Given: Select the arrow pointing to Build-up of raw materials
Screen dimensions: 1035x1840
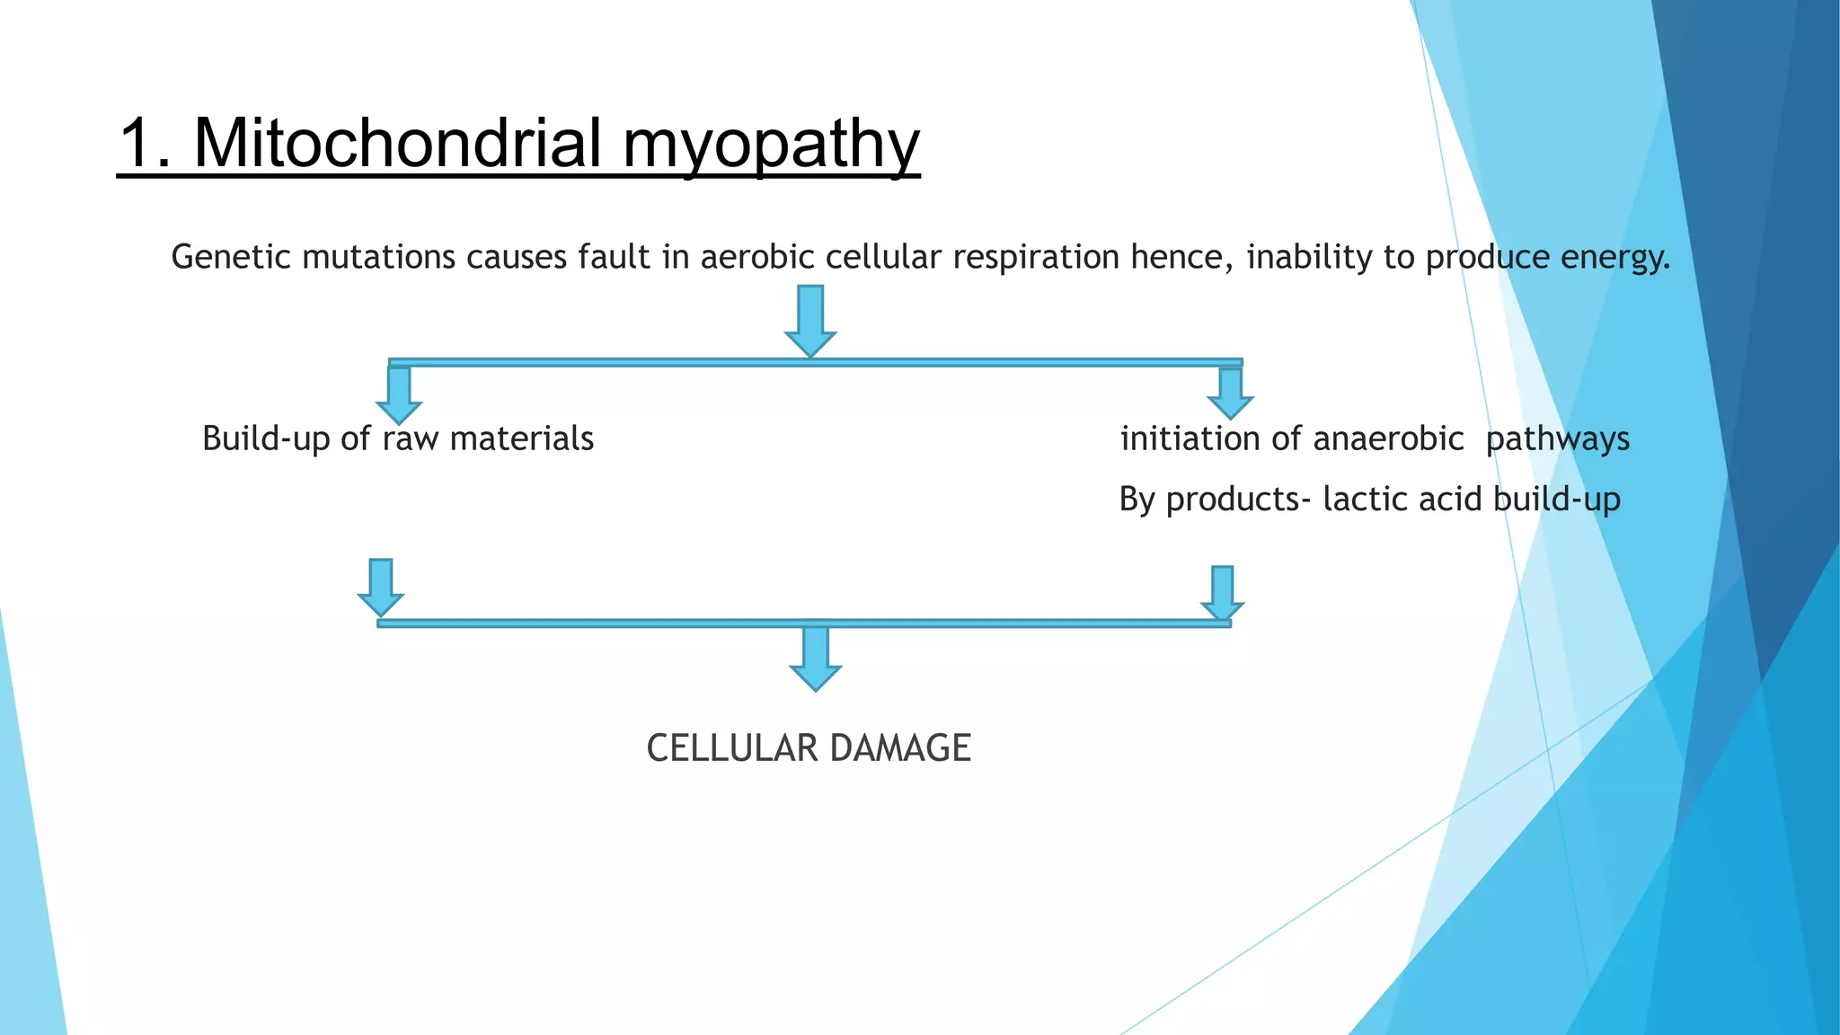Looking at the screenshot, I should point(399,395).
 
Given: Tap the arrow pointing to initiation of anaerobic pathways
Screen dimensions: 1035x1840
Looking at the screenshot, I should point(1230,394).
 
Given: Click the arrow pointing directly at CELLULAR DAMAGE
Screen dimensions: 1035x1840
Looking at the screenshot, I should point(815,660).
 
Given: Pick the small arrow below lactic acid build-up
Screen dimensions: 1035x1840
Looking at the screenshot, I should point(1222,593).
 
